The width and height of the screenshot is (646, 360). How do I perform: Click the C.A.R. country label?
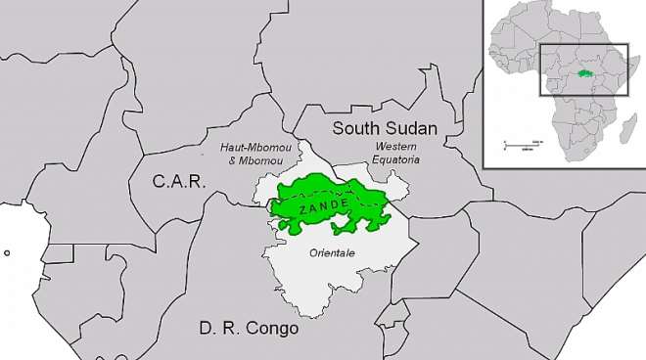(x=177, y=180)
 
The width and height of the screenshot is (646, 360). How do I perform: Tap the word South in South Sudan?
(x=356, y=128)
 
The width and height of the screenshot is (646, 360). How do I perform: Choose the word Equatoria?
(x=396, y=159)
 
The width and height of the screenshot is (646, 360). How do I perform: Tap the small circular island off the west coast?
(x=7, y=252)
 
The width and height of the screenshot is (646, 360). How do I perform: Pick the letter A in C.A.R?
(x=177, y=180)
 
